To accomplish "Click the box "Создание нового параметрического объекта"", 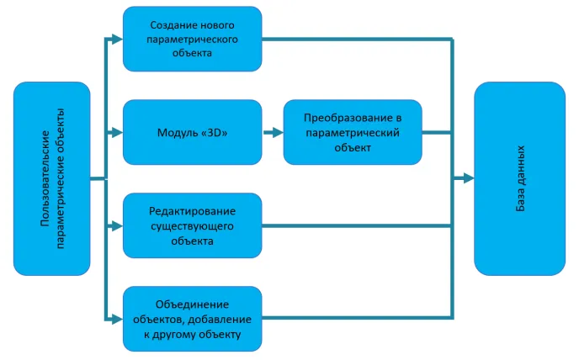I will click(x=192, y=39).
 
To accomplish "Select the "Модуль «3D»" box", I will click(x=192, y=132).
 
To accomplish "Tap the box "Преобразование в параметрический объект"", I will click(x=352, y=132).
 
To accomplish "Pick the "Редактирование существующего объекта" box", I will click(x=192, y=225).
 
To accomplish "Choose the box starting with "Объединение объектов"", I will click(x=192, y=319).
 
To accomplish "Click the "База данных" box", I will click(x=519, y=178).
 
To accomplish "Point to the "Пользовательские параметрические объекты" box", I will click(x=52, y=178).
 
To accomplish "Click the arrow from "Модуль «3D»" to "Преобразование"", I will click(x=272, y=132).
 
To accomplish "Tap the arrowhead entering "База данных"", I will click(x=467, y=178).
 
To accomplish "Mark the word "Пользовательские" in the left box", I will click(x=45, y=178).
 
